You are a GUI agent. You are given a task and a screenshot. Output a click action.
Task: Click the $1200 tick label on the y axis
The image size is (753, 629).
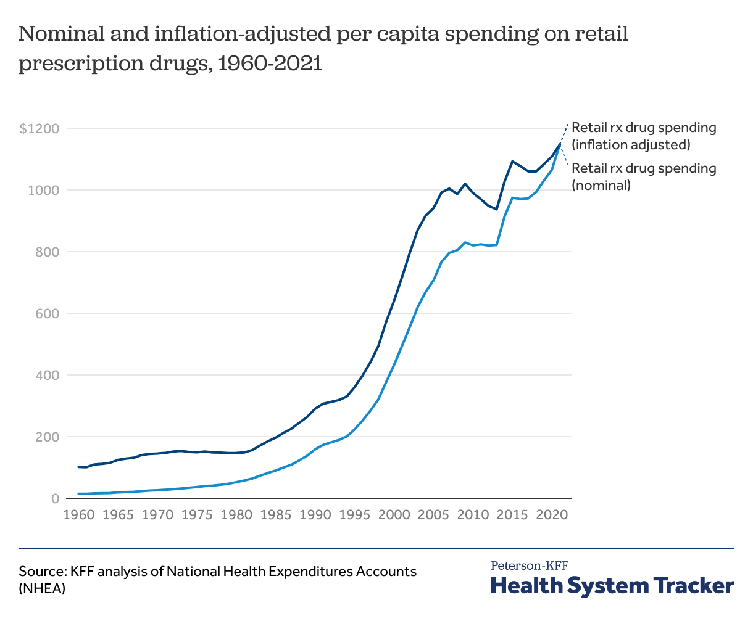[x=39, y=129]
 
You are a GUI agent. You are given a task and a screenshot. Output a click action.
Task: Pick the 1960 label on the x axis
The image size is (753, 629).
[x=78, y=514]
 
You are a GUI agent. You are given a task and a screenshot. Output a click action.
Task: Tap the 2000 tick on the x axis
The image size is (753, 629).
[x=394, y=514]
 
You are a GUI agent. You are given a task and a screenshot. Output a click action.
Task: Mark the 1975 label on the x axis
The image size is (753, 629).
[x=198, y=514]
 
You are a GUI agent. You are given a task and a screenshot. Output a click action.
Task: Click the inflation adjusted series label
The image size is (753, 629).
[x=644, y=136]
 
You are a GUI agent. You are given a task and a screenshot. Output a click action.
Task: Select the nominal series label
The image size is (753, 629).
[x=644, y=176]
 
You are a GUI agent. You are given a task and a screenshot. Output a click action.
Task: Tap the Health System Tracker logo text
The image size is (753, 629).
[x=612, y=585]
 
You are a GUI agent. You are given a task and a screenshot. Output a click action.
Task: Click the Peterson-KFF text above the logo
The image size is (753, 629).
[x=530, y=565]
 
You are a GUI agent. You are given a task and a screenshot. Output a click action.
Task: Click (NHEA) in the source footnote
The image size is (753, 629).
[x=42, y=588]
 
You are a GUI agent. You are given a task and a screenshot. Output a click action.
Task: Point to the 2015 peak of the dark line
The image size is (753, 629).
[x=512, y=161]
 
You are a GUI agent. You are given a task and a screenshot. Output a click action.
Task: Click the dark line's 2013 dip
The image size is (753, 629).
[x=496, y=209]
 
